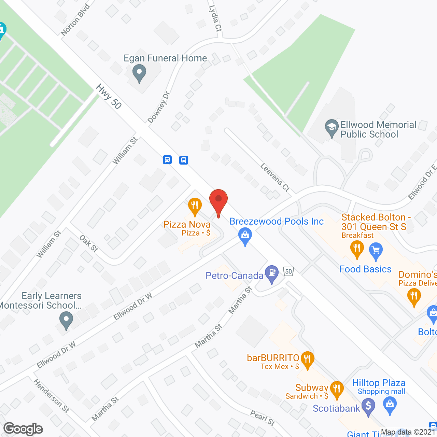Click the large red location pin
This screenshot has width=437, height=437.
[218, 201]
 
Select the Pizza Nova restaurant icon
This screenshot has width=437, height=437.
[195, 206]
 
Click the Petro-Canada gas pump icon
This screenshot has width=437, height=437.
[272, 273]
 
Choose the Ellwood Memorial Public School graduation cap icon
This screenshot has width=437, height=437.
[332, 128]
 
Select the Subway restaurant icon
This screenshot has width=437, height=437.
[337, 389]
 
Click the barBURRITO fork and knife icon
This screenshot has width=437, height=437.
[308, 360]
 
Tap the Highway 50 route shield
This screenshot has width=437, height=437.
[289, 271]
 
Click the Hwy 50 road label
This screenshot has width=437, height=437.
[109, 97]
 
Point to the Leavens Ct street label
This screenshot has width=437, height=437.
[275, 177]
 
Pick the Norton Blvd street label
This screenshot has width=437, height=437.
[75, 20]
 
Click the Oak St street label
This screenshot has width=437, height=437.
[89, 243]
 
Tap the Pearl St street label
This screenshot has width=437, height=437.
[263, 418]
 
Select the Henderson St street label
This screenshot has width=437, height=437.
[51, 395]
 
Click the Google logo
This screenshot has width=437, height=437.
[23, 429]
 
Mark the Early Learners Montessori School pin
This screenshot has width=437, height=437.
[66, 321]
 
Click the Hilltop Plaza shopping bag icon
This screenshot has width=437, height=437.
[390, 406]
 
